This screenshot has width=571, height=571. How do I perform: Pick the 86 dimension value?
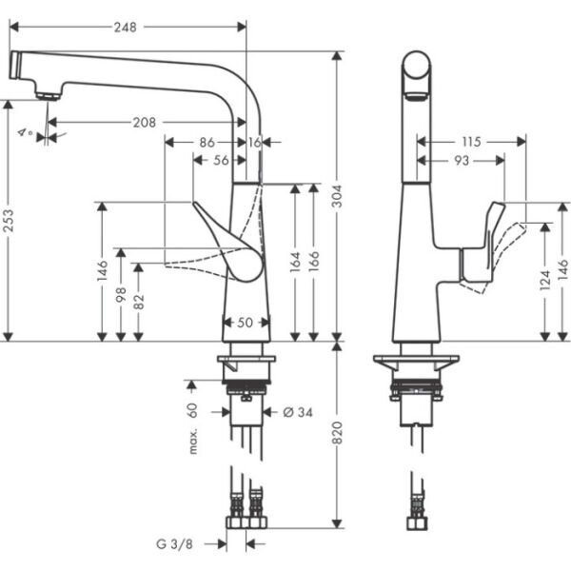point(207,142)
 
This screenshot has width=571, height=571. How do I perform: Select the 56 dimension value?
point(220,160)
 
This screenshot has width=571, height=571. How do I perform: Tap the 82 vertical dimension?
point(140,302)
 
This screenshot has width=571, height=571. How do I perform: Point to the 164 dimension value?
point(295,261)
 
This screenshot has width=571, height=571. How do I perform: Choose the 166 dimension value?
point(315,261)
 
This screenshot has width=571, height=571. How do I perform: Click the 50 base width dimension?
point(245,323)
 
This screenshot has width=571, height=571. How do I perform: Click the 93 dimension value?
point(460,161)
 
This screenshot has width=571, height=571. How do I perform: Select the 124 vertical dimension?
point(544,283)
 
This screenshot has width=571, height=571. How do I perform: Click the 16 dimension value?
point(254,142)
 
